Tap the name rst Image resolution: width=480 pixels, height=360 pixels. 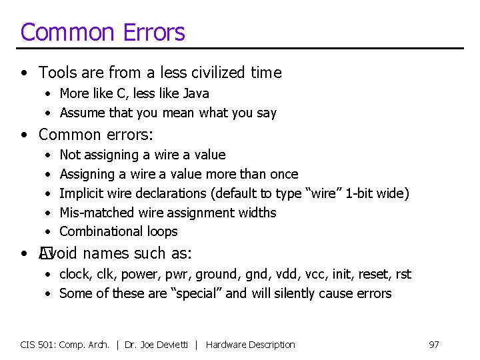click(x=403, y=274)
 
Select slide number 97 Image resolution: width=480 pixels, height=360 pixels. click(x=433, y=345)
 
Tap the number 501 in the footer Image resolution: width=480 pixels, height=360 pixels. click(x=49, y=345)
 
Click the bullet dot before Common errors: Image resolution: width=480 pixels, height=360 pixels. click(x=24, y=135)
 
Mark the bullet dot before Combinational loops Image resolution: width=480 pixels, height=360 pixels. click(x=47, y=232)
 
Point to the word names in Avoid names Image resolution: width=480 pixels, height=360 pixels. click(x=107, y=253)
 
